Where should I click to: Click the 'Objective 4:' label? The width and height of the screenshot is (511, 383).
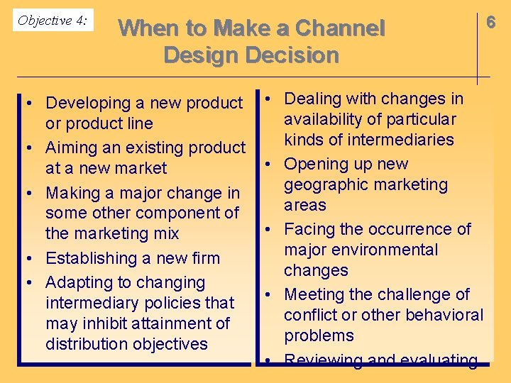coord(53,21)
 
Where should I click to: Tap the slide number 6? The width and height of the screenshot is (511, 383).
coord(490,22)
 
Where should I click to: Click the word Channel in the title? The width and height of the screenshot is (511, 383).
coord(339,29)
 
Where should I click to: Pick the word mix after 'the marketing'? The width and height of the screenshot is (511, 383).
coord(164,233)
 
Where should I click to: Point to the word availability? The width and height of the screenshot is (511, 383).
coord(326,119)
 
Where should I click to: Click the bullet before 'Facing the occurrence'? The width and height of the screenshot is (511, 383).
coord(270,229)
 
